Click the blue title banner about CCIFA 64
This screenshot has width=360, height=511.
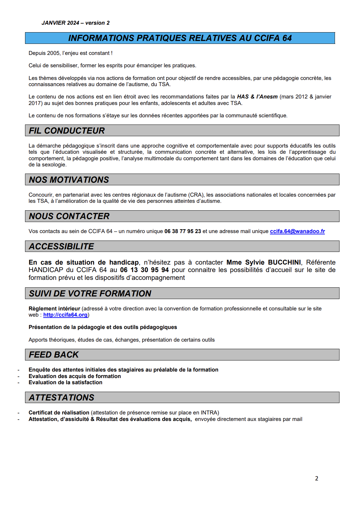point(180,38)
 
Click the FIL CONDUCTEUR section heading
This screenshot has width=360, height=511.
point(67,131)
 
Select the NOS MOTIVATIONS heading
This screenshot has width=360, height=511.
point(69,180)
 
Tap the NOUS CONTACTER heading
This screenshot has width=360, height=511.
point(69,216)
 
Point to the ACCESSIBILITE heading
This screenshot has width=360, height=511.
point(61,246)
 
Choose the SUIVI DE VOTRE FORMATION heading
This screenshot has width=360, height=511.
point(90,294)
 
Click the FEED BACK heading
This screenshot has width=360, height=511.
point(54,355)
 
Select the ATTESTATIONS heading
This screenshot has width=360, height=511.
point(61,398)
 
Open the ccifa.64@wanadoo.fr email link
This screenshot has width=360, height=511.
point(297,231)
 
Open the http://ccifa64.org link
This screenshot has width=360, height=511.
point(65,315)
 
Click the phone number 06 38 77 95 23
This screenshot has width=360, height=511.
point(183,231)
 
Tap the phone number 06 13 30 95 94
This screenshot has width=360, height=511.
point(144,270)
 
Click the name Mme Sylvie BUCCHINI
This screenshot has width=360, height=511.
point(263,262)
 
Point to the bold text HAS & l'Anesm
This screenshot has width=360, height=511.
point(257,97)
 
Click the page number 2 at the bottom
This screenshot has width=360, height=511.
point(316,478)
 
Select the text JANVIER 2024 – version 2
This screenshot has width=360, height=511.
point(75,23)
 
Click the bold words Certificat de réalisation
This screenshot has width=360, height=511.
point(59,413)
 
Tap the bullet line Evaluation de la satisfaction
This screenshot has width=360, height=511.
point(65,382)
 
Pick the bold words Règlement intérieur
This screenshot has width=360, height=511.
point(54,308)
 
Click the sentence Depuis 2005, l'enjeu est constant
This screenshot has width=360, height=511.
point(70,53)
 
